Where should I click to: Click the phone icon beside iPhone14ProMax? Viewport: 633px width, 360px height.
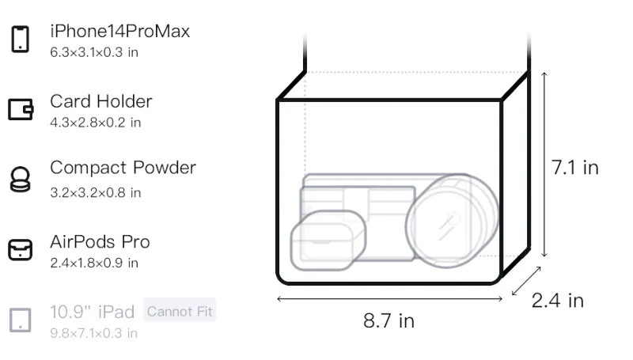21,39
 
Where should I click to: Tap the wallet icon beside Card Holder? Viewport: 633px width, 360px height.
21,109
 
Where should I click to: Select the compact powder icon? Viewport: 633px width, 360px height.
21,179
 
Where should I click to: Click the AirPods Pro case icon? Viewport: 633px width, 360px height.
21,250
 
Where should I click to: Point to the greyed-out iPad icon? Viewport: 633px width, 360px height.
21,320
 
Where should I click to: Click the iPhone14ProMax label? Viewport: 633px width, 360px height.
120,32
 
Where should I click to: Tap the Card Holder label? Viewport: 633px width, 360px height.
101,101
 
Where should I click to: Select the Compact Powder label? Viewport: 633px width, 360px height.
123,168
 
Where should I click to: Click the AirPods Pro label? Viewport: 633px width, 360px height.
100,242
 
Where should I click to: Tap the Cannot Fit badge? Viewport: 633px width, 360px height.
180,311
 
